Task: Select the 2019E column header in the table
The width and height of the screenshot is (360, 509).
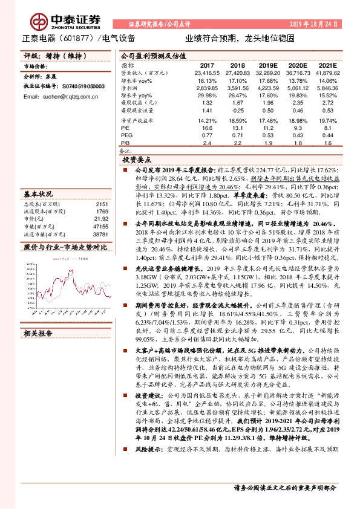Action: [267, 64]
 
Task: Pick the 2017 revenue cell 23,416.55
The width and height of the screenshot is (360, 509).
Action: [206, 72]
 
